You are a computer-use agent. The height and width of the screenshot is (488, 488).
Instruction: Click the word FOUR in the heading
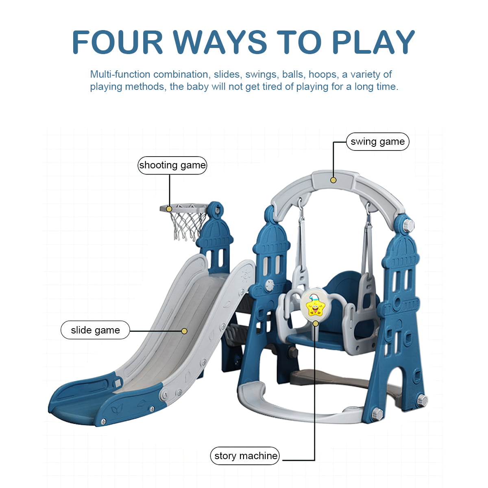tap(118, 42)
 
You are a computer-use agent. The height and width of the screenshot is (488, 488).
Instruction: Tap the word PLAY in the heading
tap(374, 42)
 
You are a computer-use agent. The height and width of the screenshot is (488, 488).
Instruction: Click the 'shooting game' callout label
tap(172, 165)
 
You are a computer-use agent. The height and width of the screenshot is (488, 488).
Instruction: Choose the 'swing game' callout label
tap(377, 142)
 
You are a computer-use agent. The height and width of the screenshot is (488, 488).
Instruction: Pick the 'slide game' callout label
tap(95, 330)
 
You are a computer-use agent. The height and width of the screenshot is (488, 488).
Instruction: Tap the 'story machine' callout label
tap(245, 456)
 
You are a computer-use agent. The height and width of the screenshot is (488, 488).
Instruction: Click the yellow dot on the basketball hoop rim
tap(169, 209)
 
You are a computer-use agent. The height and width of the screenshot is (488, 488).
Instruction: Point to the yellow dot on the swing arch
tap(333, 180)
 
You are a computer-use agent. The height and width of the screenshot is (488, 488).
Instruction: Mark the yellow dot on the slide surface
tap(184, 331)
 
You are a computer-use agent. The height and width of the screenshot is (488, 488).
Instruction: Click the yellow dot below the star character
tap(316, 323)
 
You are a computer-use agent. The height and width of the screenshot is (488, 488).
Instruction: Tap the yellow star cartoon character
tap(315, 305)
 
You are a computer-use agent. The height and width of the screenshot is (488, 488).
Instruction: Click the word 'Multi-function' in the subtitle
tap(120, 74)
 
